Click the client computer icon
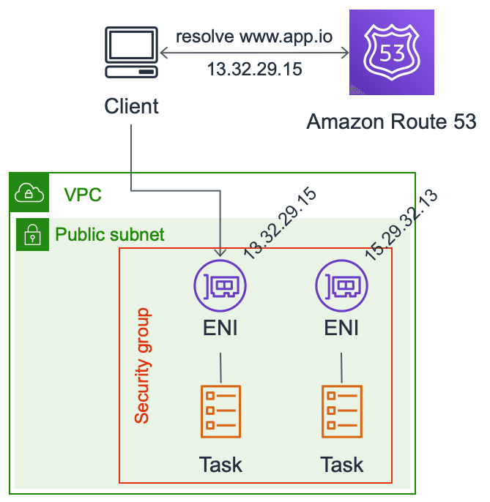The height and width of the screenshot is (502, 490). point(131,54)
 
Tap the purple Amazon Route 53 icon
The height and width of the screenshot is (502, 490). point(391,53)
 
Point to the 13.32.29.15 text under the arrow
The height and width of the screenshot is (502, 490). point(254,71)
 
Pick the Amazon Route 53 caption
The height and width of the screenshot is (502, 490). point(391,121)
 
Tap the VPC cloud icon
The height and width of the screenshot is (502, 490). point(29,192)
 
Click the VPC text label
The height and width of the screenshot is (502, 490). point(83,195)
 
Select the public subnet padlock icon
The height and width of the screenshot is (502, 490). point(32,234)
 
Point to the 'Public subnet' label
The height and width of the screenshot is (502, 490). point(110,235)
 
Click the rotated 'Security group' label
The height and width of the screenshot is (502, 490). point(142,366)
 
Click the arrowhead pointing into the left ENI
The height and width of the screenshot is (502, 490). point(220,252)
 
